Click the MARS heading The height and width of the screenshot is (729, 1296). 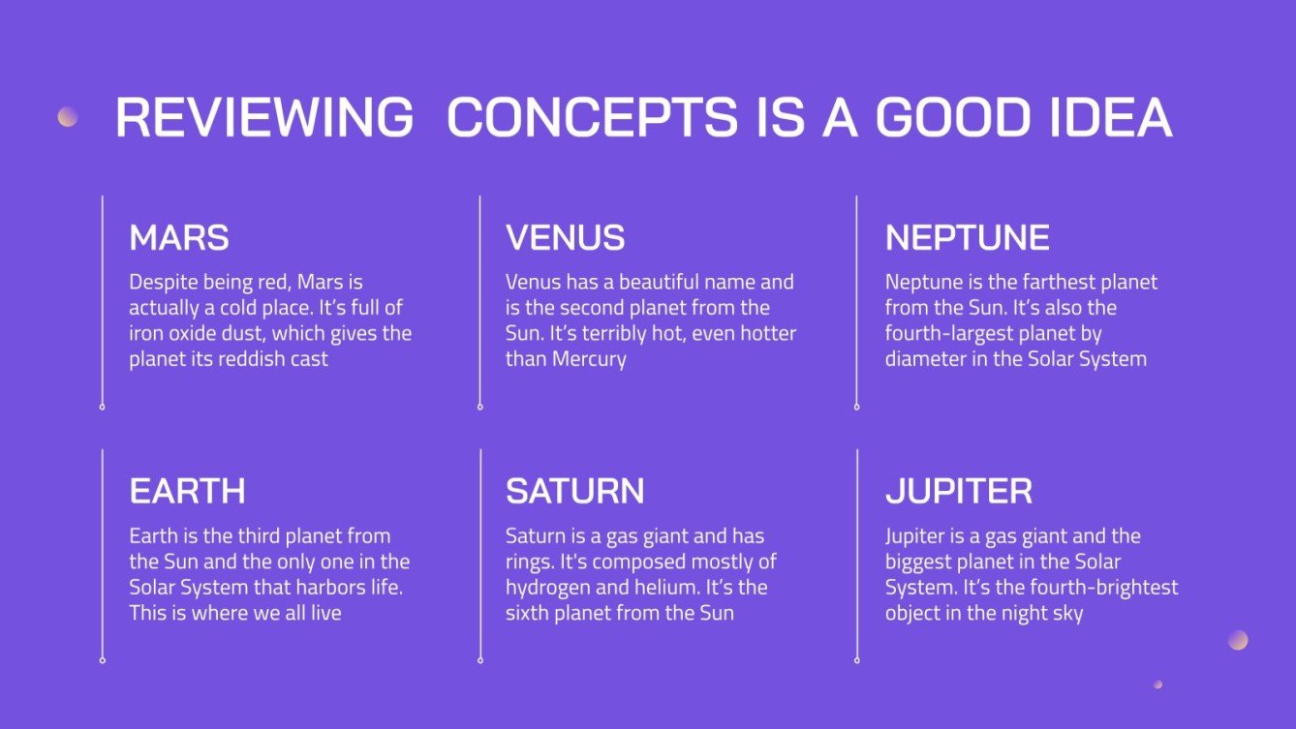coord(179,237)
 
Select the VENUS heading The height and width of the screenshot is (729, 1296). coord(566,237)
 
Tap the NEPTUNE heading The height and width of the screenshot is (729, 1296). coord(967,237)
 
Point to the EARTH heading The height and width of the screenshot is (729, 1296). coord(187,492)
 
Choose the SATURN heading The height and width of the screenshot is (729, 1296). coord(574,492)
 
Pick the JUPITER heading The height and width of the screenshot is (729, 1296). coord(959,492)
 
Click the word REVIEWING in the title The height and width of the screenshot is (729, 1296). coord(265,117)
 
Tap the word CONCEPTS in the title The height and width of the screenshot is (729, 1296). coord(592,117)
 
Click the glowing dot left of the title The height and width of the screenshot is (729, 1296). coord(68,117)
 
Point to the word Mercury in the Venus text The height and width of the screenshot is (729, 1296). coord(589,359)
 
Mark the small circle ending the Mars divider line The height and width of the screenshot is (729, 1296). coord(103,407)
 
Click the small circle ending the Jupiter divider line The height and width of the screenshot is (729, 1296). coord(857,660)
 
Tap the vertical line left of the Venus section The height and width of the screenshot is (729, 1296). coord(479,300)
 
